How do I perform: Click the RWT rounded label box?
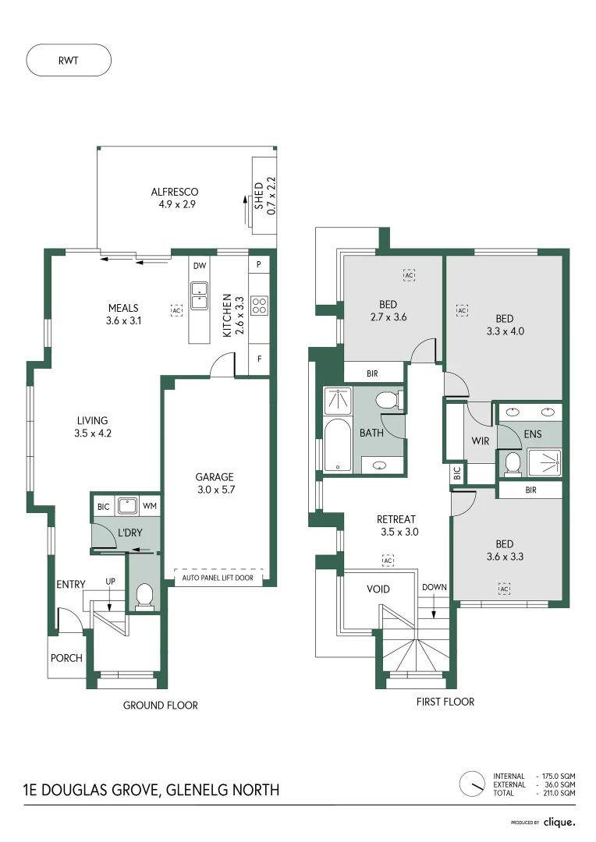69,59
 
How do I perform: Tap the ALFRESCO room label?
175,192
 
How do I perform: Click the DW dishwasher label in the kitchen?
199,265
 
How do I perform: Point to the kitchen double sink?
200,295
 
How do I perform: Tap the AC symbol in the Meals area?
176,310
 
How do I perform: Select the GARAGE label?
214,476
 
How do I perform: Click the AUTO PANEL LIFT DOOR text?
217,578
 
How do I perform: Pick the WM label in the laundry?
150,507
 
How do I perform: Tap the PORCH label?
66,658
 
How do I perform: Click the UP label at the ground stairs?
111,582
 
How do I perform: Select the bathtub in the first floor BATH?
337,446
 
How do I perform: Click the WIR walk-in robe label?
480,440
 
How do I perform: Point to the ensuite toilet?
513,463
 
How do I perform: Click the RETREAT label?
396,519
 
